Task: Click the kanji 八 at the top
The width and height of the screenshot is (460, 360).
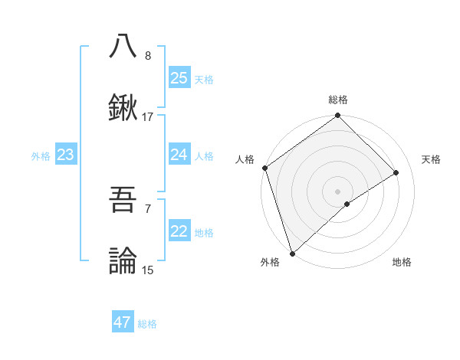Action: pos(123,47)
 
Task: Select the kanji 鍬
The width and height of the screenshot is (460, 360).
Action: pos(123,108)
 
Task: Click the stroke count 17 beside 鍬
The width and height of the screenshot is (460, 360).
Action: pos(148,117)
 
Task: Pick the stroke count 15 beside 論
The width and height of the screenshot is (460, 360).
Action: pos(148,270)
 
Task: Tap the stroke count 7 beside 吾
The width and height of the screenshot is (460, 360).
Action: pos(148,208)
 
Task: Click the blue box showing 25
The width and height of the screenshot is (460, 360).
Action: pos(179,78)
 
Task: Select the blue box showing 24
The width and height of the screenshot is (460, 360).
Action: pos(179,155)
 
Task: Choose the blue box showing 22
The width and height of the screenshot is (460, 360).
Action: pos(179,232)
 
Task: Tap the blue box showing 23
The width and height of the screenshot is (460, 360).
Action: pos(66,155)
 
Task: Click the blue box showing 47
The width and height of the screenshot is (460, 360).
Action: pos(123,322)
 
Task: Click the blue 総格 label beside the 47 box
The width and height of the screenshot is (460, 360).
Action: pos(148,324)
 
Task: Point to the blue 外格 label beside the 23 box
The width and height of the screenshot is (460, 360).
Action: pos(41,156)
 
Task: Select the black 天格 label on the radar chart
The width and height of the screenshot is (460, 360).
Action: pos(431,159)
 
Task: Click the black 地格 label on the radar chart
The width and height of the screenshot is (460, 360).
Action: pos(402,262)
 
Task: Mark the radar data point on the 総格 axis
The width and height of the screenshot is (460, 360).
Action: pos(337,116)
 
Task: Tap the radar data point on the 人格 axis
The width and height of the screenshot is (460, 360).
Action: pos(264,168)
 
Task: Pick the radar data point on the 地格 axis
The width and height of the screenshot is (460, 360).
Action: pos(347,204)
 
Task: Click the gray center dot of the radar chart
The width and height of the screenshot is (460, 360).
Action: pos(337,190)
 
